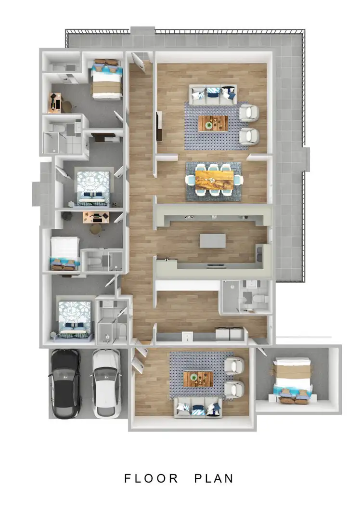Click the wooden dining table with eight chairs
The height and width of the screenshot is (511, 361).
click(x=214, y=180)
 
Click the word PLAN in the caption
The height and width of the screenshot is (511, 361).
click(x=214, y=478)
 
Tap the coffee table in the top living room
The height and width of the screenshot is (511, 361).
click(x=212, y=123)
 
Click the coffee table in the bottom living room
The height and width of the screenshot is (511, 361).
click(x=198, y=379)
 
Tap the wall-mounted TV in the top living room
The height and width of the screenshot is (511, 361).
click(x=158, y=126)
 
